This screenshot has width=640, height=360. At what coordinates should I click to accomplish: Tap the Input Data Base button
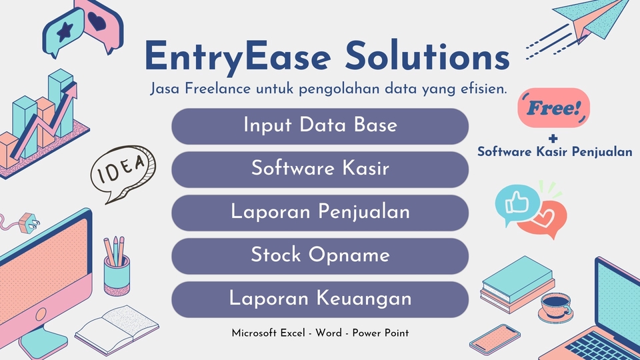coord(320,126)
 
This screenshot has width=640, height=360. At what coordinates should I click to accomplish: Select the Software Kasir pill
coord(320,169)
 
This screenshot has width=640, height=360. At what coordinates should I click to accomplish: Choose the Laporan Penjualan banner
coord(320,213)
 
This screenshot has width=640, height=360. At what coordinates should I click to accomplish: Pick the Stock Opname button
coord(320,256)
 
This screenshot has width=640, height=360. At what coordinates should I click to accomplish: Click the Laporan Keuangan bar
coord(320,299)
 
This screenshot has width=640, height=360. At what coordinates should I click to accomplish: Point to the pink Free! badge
coord(553,108)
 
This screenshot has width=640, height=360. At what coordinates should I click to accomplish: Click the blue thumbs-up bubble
coord(514,202)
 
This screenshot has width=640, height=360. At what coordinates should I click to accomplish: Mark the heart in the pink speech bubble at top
coord(99,20)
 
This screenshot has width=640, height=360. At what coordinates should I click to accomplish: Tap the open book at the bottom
coord(117,328)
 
